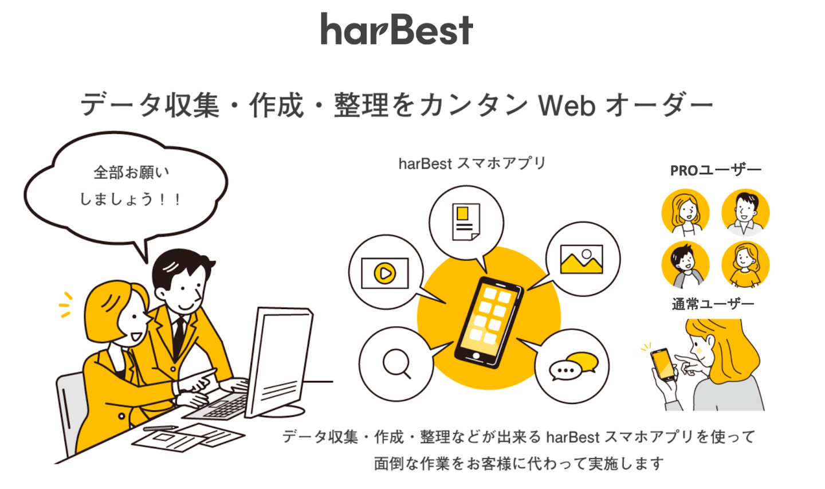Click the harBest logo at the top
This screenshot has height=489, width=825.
396,29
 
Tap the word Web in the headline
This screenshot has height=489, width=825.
567,105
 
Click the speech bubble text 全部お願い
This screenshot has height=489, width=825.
131,173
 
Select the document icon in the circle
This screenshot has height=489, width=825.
466,222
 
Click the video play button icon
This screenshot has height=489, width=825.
385,273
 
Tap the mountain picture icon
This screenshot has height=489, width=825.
582,259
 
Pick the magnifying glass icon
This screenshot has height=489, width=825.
396,363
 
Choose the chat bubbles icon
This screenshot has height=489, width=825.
574,366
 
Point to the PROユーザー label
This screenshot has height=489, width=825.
716,170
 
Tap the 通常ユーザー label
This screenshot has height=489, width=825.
713,304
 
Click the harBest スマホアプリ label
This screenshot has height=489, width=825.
472,163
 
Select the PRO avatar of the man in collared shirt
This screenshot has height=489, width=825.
745,213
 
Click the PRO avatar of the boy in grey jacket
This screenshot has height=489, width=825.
685,265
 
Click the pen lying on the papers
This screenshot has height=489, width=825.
160,429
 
